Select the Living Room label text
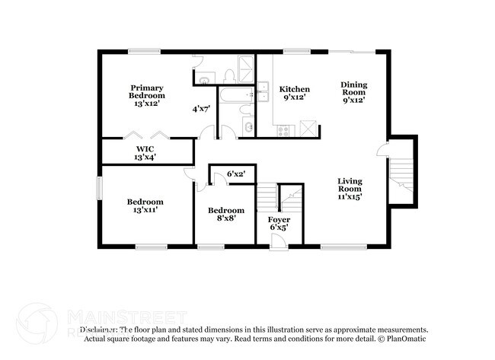[350, 188]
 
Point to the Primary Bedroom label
[146, 95]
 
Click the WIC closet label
[145, 153]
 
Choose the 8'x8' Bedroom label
[226, 214]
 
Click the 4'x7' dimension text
[200, 109]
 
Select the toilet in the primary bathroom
[228, 75]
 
